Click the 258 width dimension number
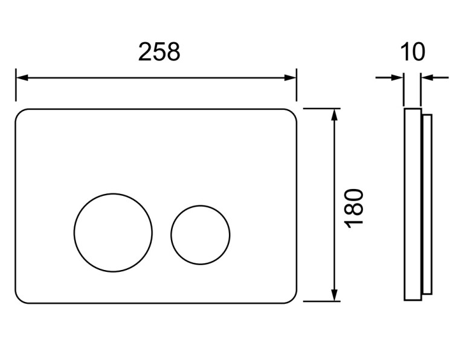[159, 52]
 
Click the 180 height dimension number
[354, 208]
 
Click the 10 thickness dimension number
[413, 52]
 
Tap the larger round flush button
[113, 233]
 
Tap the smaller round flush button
[200, 235]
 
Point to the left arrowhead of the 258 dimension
[22, 78]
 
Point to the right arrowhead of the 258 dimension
[291, 78]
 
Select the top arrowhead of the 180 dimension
[334, 114]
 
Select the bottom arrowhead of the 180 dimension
[334, 295]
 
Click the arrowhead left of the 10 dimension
[397, 77]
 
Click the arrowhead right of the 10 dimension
[426, 77]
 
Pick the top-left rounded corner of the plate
[19, 114]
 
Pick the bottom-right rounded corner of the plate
[293, 299]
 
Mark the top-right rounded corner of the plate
[293, 113]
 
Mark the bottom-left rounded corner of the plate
[19, 300]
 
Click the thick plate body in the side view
[413, 205]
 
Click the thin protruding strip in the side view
[427, 205]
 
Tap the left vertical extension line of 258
[16, 85]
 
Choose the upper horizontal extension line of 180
[322, 108]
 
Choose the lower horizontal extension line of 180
[322, 301]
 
